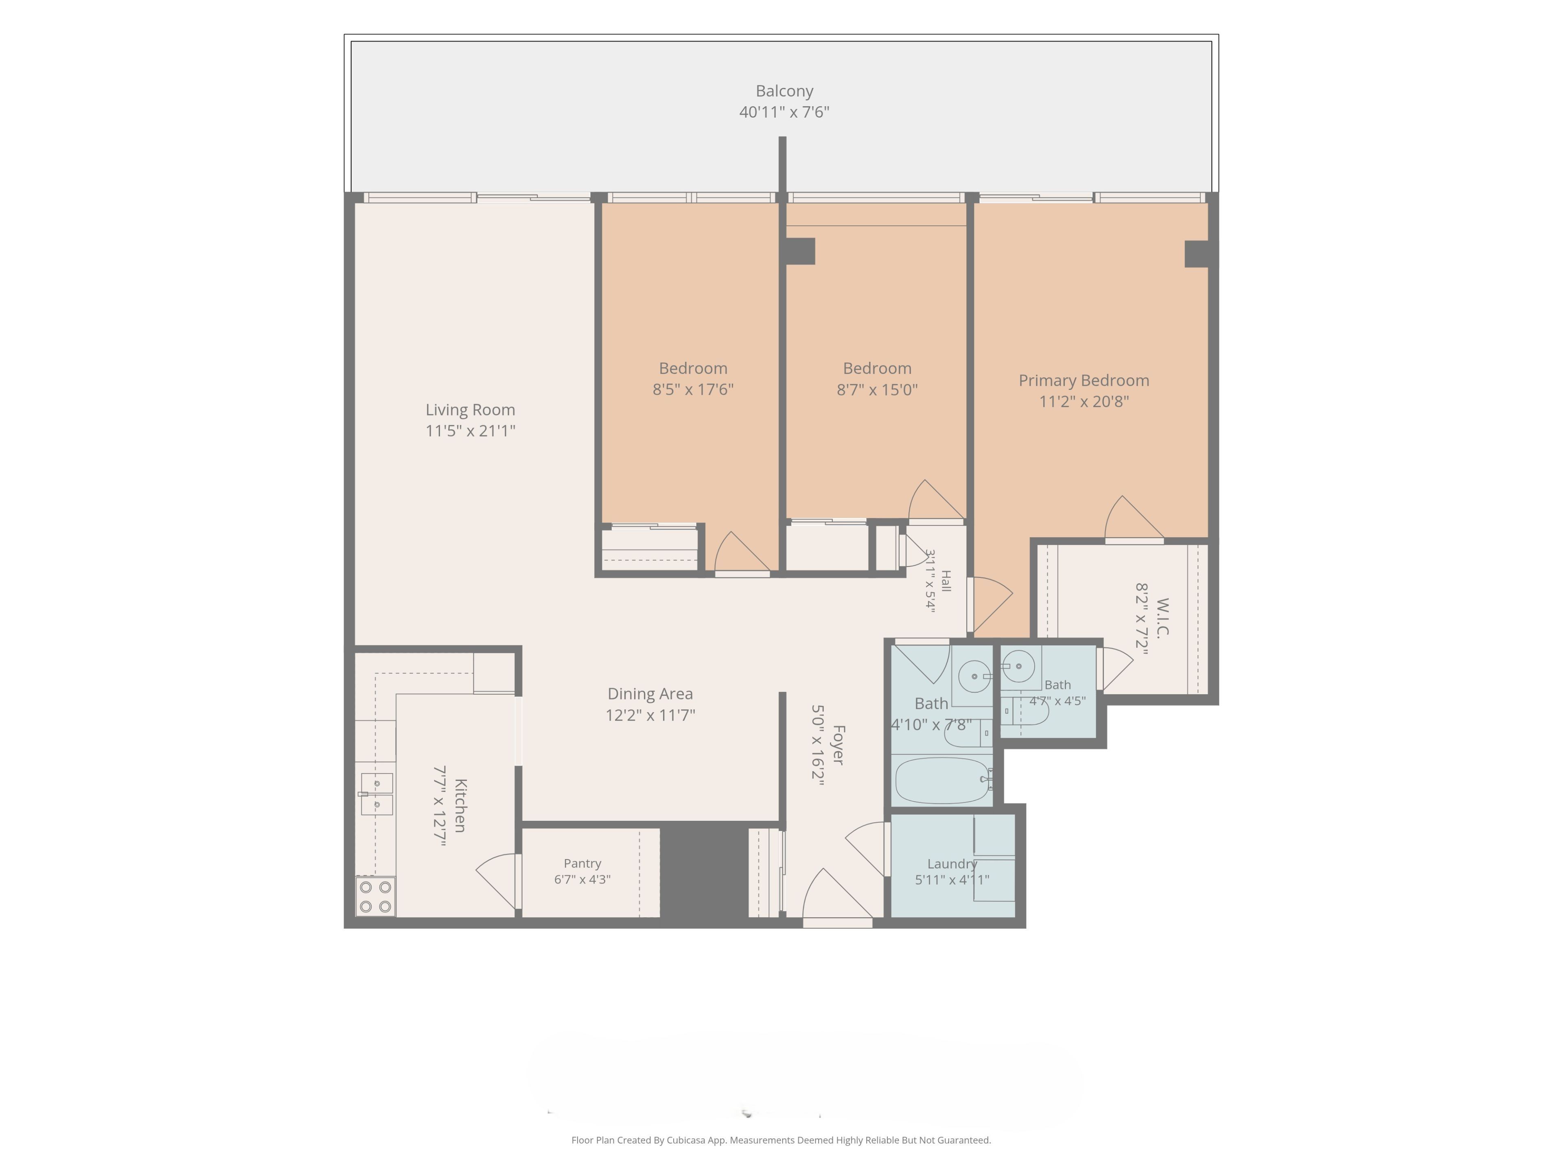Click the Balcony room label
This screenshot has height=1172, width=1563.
[784, 91]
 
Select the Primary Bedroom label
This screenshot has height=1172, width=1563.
[1084, 381]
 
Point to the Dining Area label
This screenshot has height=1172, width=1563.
[650, 694]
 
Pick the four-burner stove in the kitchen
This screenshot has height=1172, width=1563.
[375, 896]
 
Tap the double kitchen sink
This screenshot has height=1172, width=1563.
[377, 794]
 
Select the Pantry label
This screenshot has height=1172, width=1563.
[582, 863]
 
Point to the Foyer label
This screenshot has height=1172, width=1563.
[838, 745]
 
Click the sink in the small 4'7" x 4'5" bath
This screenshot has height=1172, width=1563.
[1018, 666]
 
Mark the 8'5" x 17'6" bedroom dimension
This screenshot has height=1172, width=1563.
[693, 389]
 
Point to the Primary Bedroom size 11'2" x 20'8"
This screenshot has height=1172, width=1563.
[1084, 401]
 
